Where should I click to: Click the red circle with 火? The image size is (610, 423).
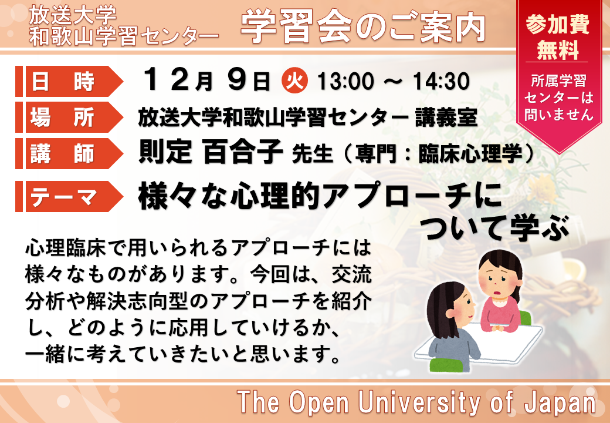coord(294,80)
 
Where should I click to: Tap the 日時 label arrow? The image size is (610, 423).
coord(69,82)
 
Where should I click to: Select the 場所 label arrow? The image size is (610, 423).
coord(69,117)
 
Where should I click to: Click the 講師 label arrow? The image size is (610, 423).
coord(69,153)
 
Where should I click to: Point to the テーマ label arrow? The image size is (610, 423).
coord(69,197)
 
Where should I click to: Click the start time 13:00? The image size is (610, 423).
coord(345,82)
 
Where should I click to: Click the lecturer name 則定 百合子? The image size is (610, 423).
coord(211,152)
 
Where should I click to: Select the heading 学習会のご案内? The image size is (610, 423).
coord(363,27)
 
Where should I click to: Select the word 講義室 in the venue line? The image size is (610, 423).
coord(446,117)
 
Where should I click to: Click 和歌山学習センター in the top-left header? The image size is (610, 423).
coord(124,38)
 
